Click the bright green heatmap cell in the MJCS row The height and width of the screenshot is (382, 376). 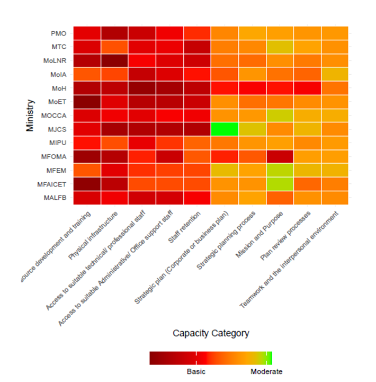225,129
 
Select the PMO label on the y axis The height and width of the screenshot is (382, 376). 58,33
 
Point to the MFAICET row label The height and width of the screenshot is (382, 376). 53,184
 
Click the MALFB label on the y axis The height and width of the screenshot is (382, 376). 56,198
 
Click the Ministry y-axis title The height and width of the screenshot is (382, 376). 31,116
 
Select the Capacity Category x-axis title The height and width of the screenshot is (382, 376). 211,333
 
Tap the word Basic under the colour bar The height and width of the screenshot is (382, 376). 196,371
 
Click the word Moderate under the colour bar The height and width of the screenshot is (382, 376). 266,371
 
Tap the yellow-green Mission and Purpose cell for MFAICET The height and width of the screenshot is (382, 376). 280,184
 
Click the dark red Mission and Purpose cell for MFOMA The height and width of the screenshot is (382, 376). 280,156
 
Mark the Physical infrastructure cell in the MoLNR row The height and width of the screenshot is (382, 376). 114,60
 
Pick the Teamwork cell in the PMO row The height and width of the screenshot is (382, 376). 335,33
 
